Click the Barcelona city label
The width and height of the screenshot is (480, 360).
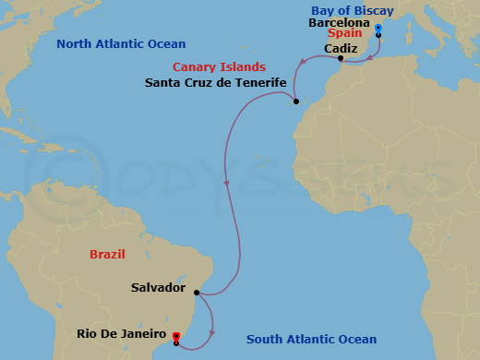pos(340,22)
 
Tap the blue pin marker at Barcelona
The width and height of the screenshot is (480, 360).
pos(378,30)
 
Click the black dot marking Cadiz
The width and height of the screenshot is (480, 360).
pos(341,59)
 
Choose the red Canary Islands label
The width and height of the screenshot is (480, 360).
pos(220,67)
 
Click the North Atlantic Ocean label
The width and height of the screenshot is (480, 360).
pos(120,43)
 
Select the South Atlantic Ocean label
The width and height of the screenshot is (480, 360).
pos(312,340)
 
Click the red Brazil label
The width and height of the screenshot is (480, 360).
pos(107,254)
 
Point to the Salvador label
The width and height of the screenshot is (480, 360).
pos(158,288)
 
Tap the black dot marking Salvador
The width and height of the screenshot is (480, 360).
pos(197,292)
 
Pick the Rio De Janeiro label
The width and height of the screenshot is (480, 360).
pos(121,334)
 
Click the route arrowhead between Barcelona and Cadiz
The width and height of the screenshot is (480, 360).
pos(369,54)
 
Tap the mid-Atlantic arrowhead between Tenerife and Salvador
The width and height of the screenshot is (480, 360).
pos(227,185)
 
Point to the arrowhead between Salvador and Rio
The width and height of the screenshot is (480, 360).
pos(214,331)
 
